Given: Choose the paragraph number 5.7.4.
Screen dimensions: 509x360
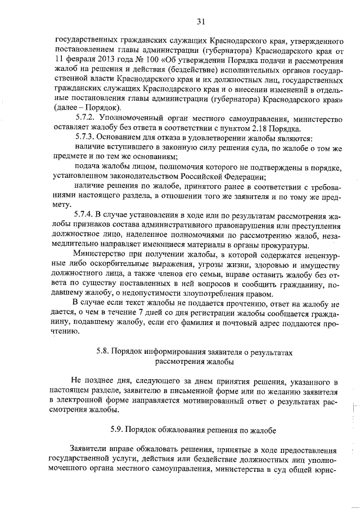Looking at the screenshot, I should pos(86,215).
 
